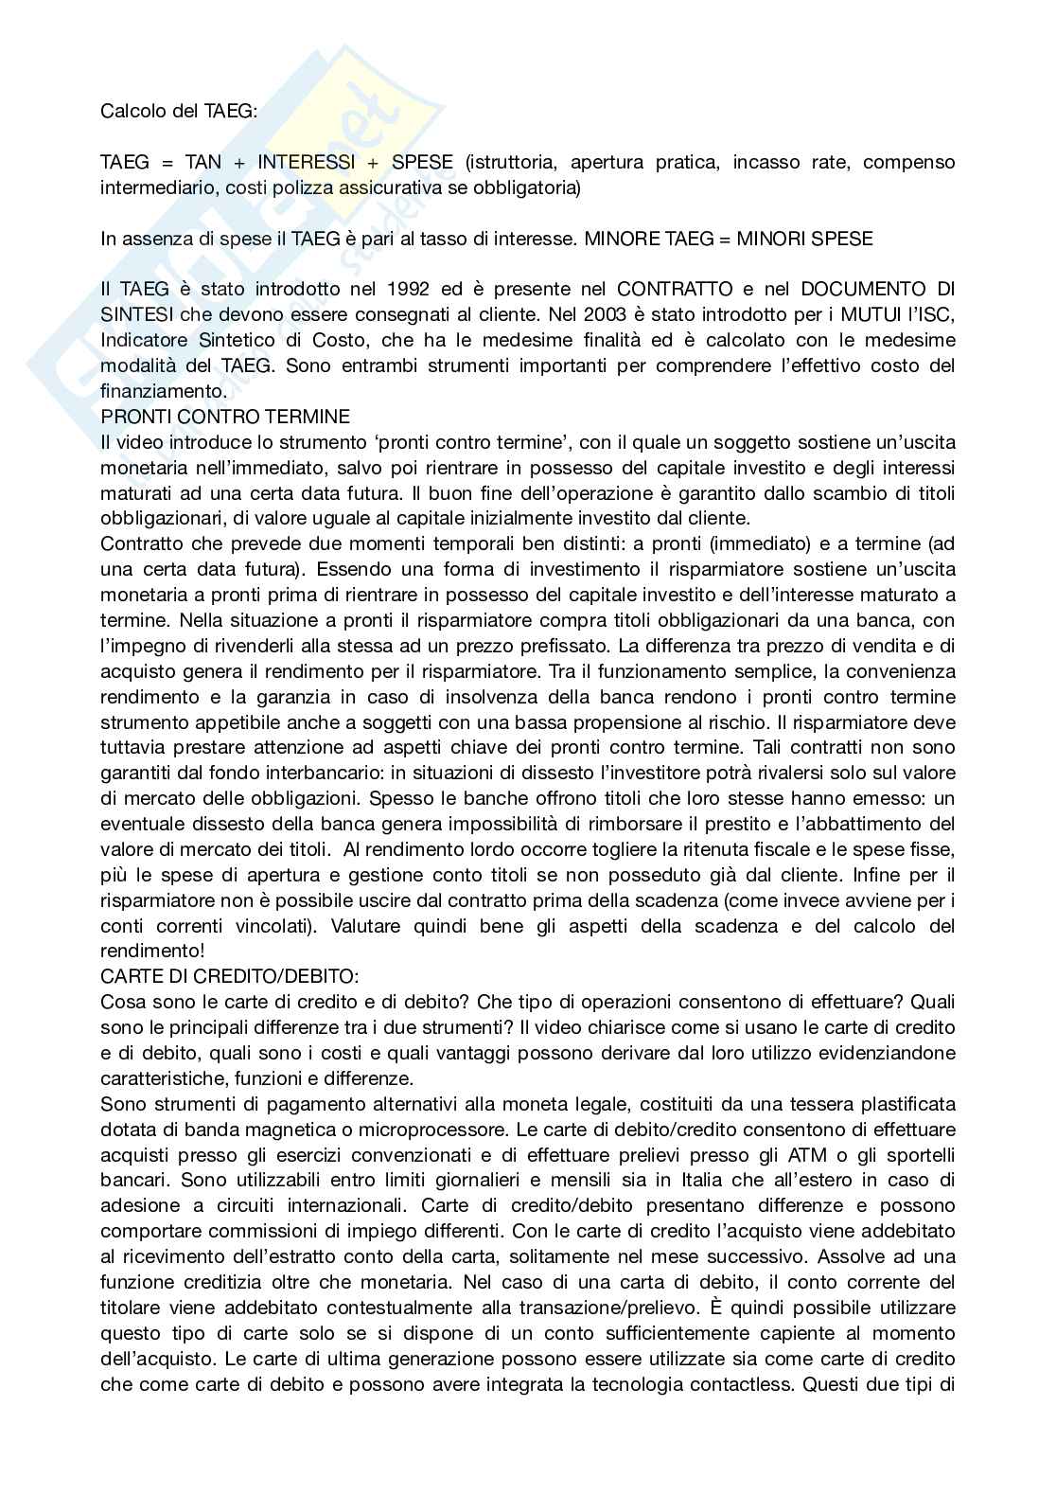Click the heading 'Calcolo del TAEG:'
pos(178,111)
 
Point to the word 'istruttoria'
pos(509,162)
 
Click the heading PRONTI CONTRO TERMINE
pos(225,417)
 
